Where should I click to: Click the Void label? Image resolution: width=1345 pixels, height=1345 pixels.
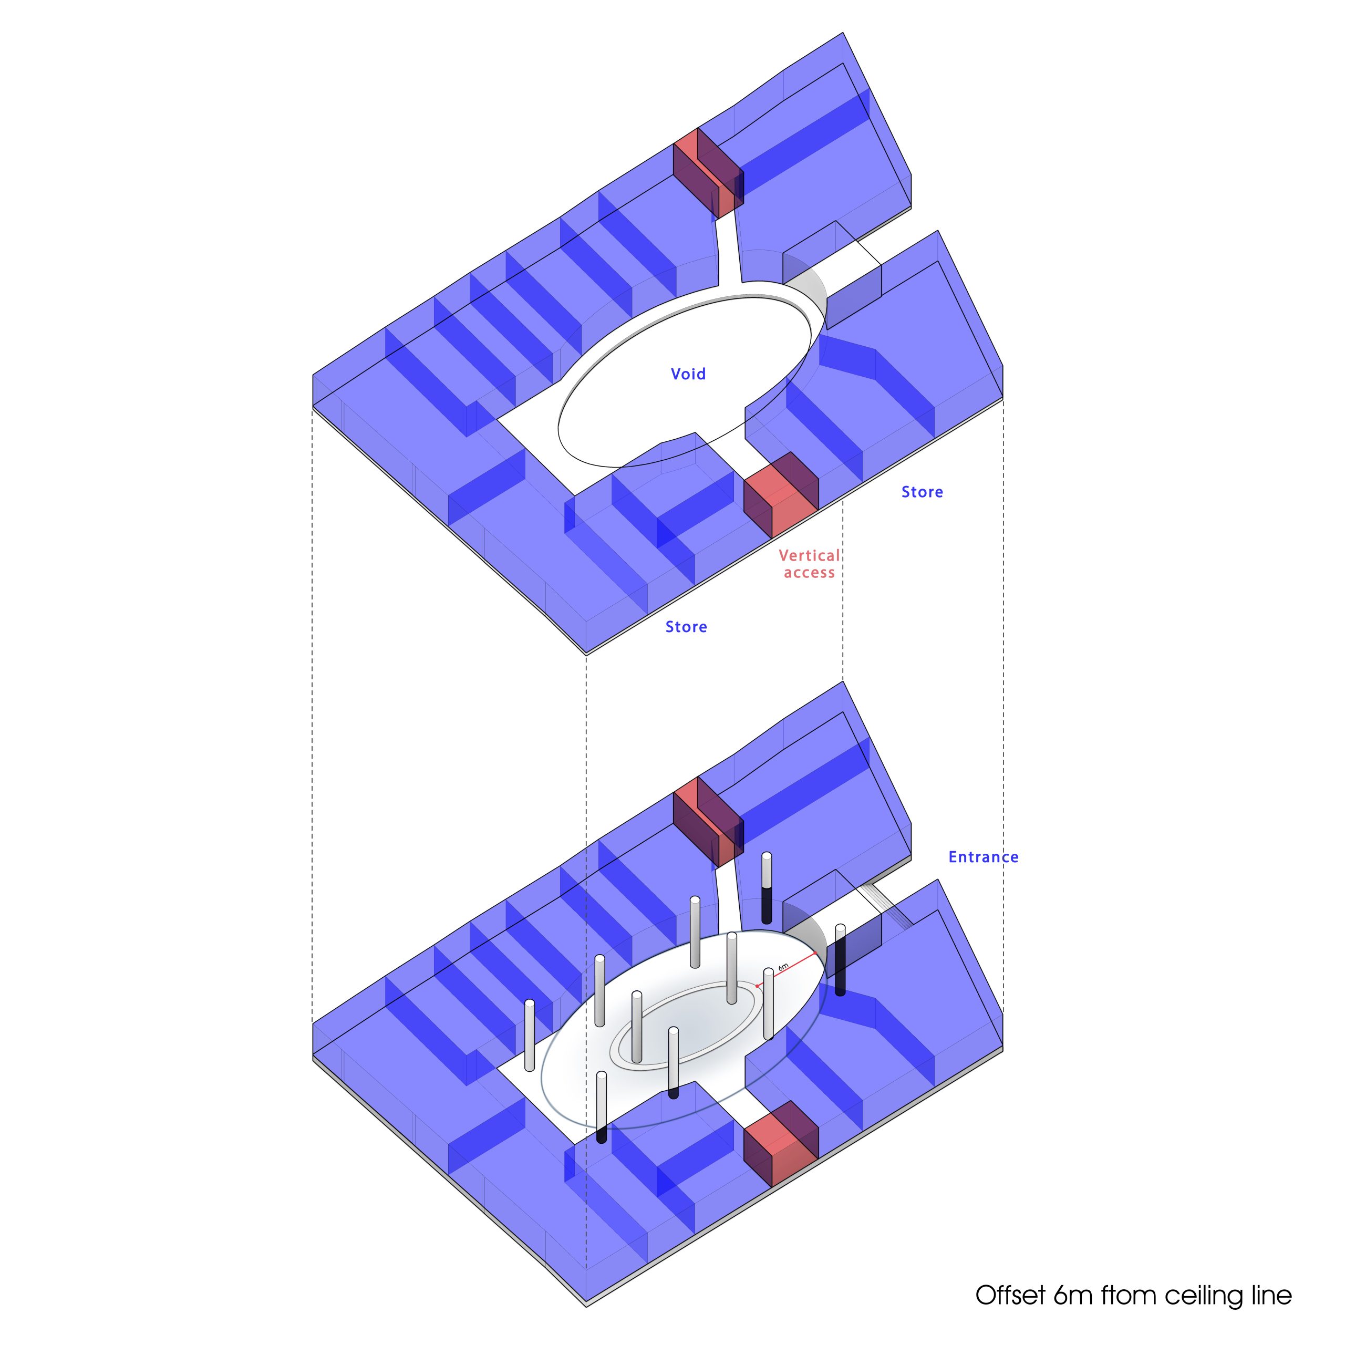[688, 374]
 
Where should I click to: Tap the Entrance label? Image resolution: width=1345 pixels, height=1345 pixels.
[983, 857]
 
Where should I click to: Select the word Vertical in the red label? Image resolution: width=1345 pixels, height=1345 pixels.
[810, 555]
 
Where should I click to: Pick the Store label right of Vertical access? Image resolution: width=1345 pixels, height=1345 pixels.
[923, 492]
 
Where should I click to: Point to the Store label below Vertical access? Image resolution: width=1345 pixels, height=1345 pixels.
[687, 627]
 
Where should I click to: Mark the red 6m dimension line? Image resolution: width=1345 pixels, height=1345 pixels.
[786, 969]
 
